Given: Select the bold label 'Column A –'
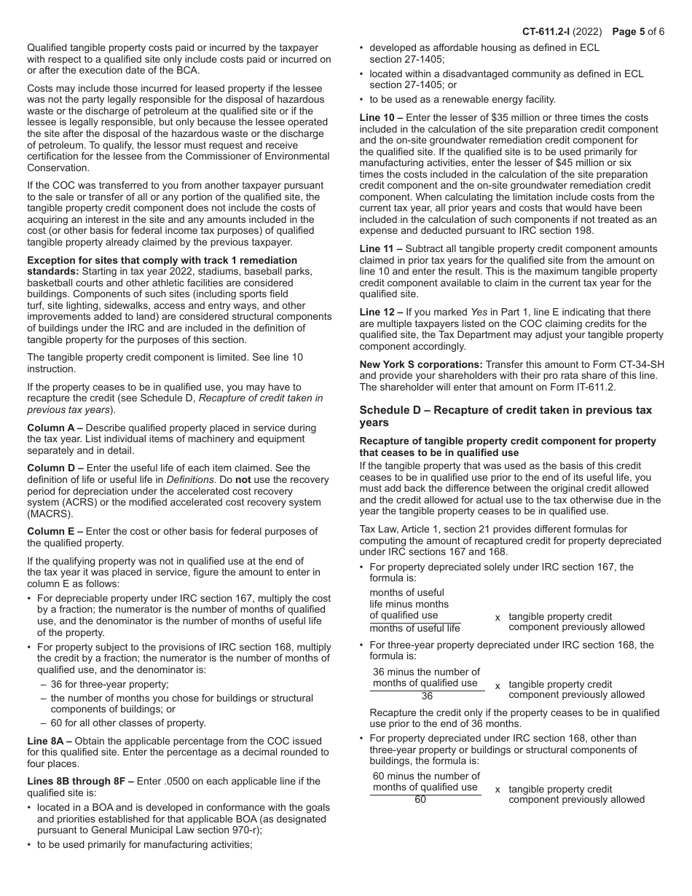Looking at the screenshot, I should [x=54, y=428].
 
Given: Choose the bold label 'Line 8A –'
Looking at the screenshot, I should [x=49, y=740].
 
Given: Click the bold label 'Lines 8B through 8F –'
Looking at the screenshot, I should [x=80, y=781].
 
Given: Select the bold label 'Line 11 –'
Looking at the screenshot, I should [x=382, y=248].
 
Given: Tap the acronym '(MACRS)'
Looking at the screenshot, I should [x=47, y=514].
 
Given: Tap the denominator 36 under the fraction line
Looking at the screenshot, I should [x=426, y=696].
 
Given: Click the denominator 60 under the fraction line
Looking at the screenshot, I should [x=426, y=800].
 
